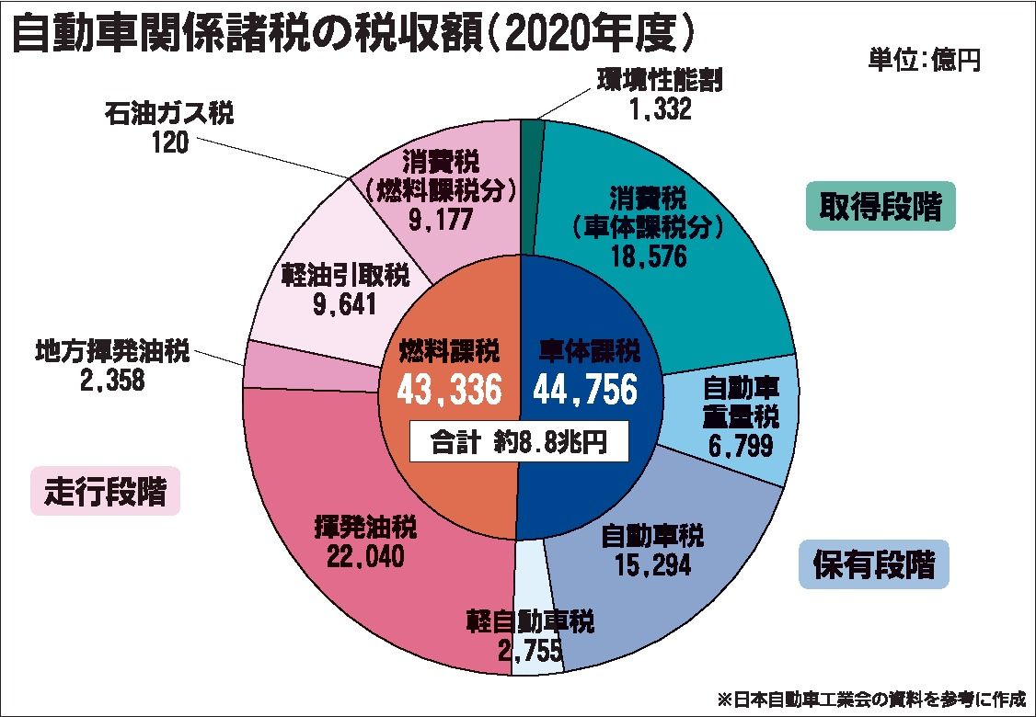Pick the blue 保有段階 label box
(x=872, y=563)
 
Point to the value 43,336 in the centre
(x=449, y=391)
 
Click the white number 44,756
(x=585, y=391)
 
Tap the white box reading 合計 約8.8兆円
(x=520, y=442)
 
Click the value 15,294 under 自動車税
(x=652, y=563)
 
